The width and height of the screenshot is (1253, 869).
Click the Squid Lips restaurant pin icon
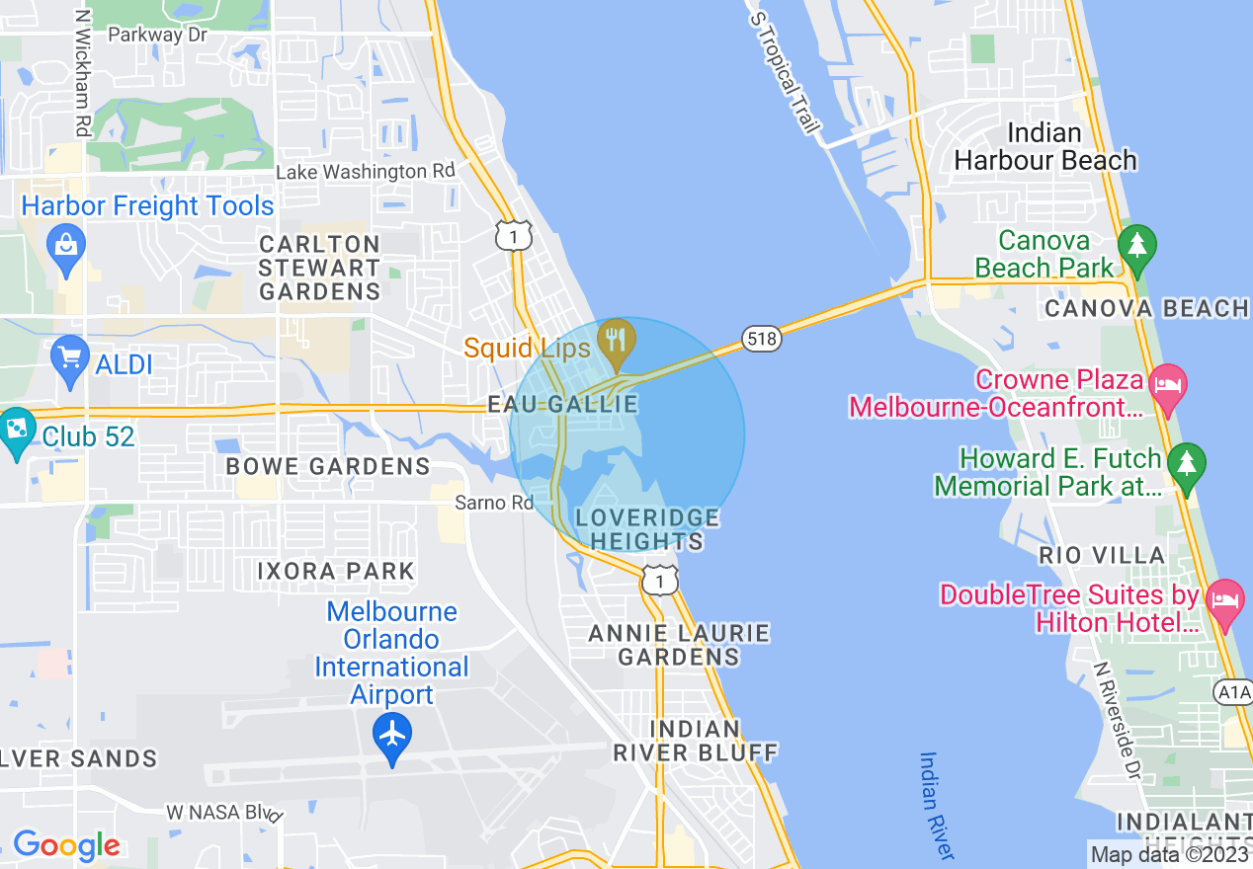(x=617, y=339)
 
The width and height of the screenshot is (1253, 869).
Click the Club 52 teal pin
(x=16, y=431)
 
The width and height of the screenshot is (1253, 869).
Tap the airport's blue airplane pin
(x=392, y=735)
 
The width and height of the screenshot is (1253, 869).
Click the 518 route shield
(x=763, y=339)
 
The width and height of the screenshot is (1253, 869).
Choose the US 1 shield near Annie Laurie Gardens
(x=659, y=581)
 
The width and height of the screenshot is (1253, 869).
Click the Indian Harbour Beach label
(x=1044, y=146)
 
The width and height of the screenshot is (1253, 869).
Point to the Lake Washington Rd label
(x=365, y=172)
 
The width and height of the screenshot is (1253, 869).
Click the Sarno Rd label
(x=494, y=503)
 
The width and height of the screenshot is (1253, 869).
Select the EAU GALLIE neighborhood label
(x=562, y=405)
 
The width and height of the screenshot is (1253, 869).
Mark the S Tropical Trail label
(x=786, y=74)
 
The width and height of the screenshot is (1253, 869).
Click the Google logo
(x=66, y=845)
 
